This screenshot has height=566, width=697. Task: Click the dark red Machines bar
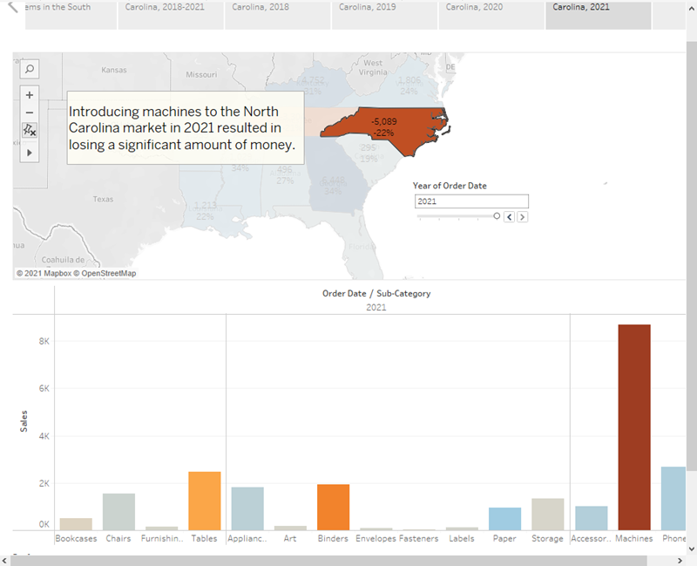[x=633, y=427]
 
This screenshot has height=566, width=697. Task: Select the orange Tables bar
[x=205, y=501]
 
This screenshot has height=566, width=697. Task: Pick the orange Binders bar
[x=333, y=507]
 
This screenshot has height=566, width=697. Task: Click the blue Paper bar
[x=504, y=519]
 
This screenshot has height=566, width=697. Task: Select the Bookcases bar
[x=76, y=524]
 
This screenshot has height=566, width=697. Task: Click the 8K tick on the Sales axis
[x=44, y=341]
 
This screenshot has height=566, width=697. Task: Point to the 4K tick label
[x=44, y=435]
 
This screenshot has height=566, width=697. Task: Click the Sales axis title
[x=24, y=420]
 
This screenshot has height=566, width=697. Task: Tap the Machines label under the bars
[x=633, y=539]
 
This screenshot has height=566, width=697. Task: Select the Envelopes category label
[x=376, y=539]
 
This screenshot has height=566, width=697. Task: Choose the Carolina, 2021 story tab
[x=581, y=7]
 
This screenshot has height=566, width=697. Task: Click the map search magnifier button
[x=30, y=68]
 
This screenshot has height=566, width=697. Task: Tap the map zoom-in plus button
[x=30, y=94]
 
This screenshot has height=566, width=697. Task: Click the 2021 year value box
[x=471, y=201]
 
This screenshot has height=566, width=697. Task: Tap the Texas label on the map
[x=103, y=200]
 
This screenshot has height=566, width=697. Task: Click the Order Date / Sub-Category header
[x=376, y=294]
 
